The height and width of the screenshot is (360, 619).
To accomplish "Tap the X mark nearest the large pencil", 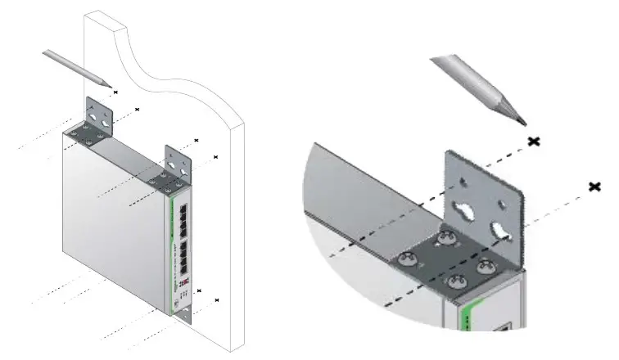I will coord(534,142).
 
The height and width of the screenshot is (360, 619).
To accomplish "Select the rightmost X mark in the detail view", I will coord(595,187).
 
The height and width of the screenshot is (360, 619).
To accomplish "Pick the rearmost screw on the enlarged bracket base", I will coord(447,237).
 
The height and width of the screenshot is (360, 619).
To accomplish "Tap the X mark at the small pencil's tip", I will coord(115,92).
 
